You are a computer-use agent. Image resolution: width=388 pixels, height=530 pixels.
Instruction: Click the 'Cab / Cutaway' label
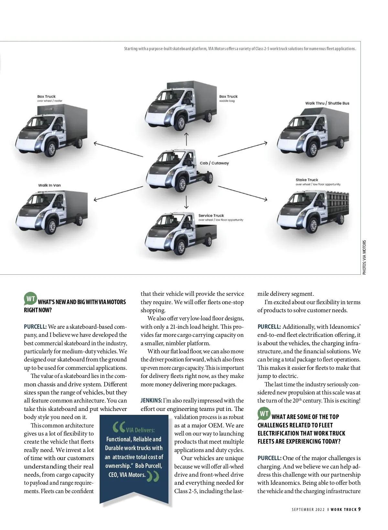pos(214,163)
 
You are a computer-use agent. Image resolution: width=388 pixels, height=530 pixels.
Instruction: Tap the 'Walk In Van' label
pos(49,185)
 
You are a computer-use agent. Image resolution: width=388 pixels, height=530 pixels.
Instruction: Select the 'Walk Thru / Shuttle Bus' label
pos(327,103)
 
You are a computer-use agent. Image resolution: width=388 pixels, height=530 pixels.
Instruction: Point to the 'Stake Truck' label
pos(307,180)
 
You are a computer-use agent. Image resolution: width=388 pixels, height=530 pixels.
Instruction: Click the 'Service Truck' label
pos(211,215)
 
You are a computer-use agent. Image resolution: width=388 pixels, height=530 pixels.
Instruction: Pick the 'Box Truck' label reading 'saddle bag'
pos(228,96)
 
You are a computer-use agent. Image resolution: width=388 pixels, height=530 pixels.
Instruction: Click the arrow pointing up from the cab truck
pos(186,138)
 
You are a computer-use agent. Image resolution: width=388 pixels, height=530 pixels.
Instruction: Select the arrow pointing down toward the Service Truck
pos(186,202)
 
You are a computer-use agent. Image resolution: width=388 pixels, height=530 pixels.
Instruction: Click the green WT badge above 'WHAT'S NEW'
pos(30,299)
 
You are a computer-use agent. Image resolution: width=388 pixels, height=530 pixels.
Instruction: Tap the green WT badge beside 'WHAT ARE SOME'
pos(264,414)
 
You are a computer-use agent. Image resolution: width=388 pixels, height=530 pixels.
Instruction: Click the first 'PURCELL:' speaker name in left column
pos(35,327)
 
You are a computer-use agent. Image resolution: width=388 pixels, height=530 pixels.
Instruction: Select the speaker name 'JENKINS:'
pos(151,401)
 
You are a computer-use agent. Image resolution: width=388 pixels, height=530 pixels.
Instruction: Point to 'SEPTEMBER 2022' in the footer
pos(308,510)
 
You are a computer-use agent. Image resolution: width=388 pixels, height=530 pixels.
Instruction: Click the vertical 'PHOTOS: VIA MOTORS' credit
pos(364,257)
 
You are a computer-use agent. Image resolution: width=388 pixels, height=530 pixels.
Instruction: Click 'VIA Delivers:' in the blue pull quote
pos(140,430)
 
